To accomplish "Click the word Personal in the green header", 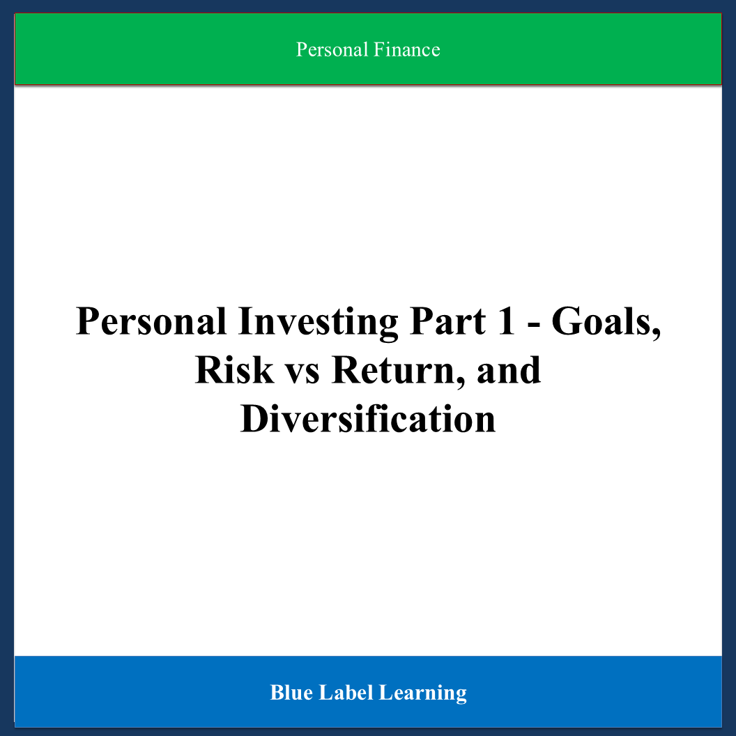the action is click(332, 49).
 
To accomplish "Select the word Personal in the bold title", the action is click(151, 321).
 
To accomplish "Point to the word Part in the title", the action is click(447, 321).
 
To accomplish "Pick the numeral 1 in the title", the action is click(507, 321).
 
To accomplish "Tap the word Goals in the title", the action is click(601, 321).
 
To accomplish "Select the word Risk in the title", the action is click(234, 370).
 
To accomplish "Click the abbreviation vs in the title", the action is click(302, 374).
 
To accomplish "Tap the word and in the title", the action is click(509, 370).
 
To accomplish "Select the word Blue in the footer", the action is click(291, 693).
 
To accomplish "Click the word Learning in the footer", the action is click(423, 693).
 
